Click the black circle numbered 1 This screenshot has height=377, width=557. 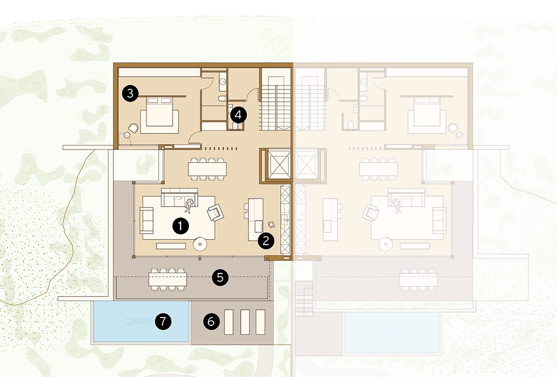pyautogui.click(x=180, y=226)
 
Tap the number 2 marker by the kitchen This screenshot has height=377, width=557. pyautogui.click(x=266, y=241)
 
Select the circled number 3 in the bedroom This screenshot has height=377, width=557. pyautogui.click(x=130, y=93)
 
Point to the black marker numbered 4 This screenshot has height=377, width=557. pyautogui.click(x=238, y=115)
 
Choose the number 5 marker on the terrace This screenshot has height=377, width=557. pyautogui.click(x=220, y=277)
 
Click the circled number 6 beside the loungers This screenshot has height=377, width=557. pyautogui.click(x=211, y=321)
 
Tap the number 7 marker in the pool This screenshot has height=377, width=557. pyautogui.click(x=163, y=321)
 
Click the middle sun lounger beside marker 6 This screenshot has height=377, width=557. pyautogui.click(x=245, y=322)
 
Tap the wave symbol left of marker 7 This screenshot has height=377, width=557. pyautogui.click(x=139, y=321)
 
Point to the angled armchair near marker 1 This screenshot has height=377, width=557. pyautogui.click(x=215, y=213)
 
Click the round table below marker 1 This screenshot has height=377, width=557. pyautogui.click(x=201, y=244)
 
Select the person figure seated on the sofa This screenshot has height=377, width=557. pyautogui.click(x=189, y=205)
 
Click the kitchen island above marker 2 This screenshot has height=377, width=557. pyautogui.click(x=256, y=220)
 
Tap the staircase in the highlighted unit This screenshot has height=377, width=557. pyautogui.click(x=276, y=103)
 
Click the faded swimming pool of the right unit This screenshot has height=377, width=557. pyautogui.click(x=393, y=333)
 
